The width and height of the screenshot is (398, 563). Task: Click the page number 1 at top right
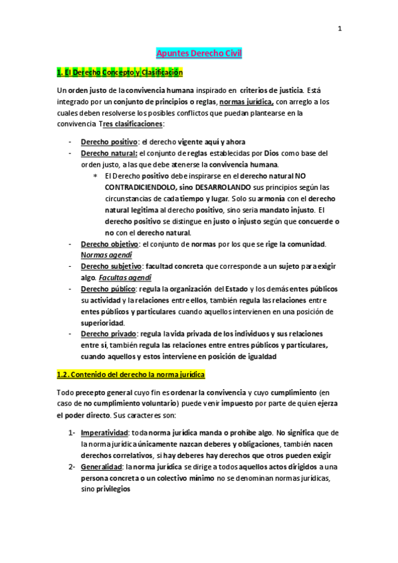(340, 28)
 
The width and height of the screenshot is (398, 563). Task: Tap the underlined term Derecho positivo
(109, 141)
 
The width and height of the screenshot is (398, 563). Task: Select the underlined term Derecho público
(108, 289)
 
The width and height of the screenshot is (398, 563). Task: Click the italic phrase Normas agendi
(106, 255)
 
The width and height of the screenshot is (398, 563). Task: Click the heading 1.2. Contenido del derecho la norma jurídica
(131, 374)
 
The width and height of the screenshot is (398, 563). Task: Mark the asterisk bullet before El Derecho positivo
(95, 176)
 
